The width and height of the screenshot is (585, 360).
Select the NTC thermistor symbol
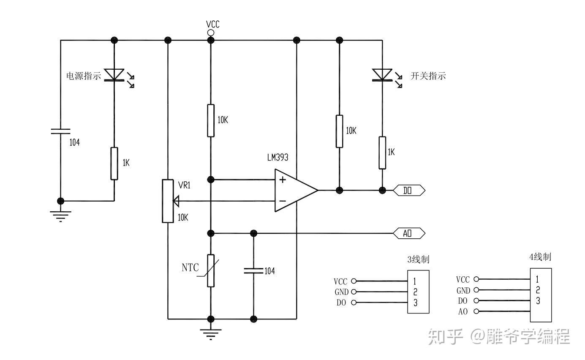pos(211,270)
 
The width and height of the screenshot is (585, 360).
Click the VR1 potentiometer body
pos(168,201)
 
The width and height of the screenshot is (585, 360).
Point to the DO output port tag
pos(409,190)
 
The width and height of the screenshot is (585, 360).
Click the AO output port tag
pos(409,233)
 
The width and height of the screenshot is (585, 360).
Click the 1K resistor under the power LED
pos(114,163)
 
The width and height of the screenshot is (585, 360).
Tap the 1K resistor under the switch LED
pos(382,153)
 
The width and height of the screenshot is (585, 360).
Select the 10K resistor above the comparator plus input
pos(211,120)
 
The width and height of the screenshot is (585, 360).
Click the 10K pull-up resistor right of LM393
pos(339,131)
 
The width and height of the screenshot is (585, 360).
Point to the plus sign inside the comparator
pos(282,180)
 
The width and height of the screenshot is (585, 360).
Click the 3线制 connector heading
pos(418,259)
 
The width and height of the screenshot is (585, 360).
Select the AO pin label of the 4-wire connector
pos(463,312)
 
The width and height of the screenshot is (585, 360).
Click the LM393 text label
pos(278,158)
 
